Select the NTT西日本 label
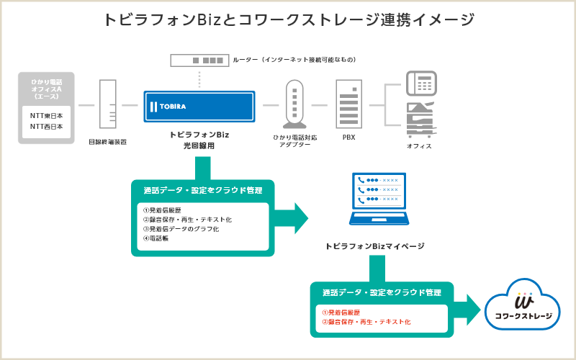46,126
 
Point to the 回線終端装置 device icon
107,104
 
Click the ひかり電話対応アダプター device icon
295,104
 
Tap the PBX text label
348,137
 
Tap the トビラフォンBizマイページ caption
374,246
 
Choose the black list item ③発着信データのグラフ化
181,229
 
